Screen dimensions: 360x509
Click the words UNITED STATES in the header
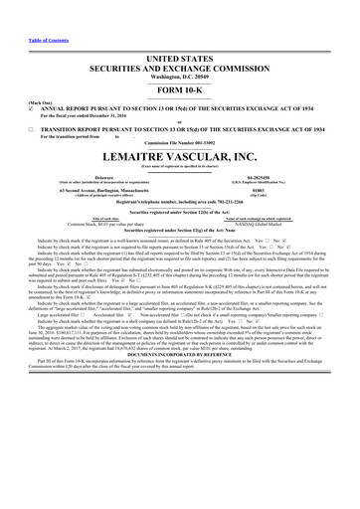[180, 60]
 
